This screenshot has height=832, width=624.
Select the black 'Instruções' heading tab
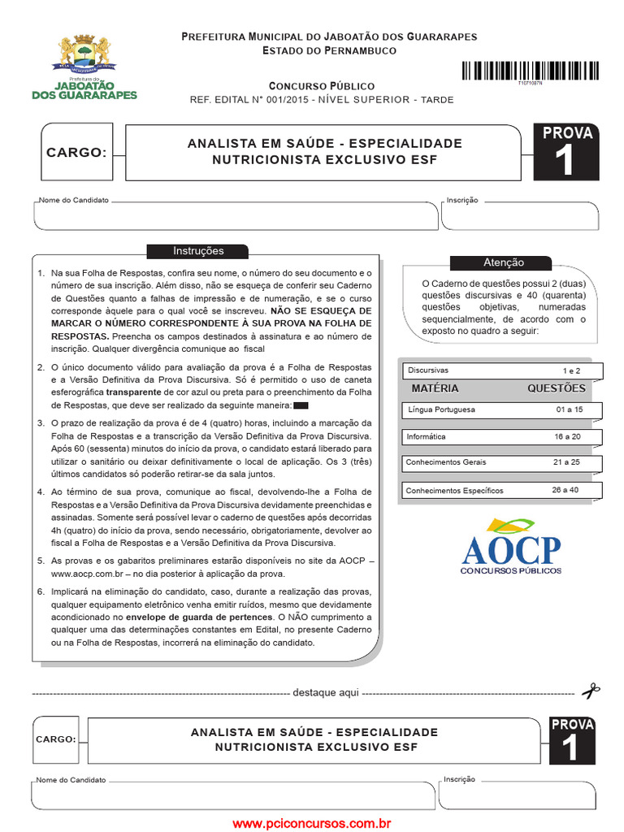point(198,251)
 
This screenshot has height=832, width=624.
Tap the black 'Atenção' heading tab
point(504,262)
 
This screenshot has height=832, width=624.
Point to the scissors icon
point(591,691)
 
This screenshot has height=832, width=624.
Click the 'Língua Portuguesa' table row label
point(441,410)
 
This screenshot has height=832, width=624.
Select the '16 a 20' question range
point(569,436)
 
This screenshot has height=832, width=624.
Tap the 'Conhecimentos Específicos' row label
point(454,490)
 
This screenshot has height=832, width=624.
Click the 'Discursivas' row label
point(428,370)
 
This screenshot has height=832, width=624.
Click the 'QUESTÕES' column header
point(556,388)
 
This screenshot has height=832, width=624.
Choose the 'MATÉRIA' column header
point(435,388)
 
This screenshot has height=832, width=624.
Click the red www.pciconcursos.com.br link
point(312,823)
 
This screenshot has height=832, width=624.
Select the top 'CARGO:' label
point(76,152)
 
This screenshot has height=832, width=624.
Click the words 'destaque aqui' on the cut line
point(325,693)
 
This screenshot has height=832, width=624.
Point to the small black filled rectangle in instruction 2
point(301,405)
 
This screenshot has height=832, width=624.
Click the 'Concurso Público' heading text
point(322,85)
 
